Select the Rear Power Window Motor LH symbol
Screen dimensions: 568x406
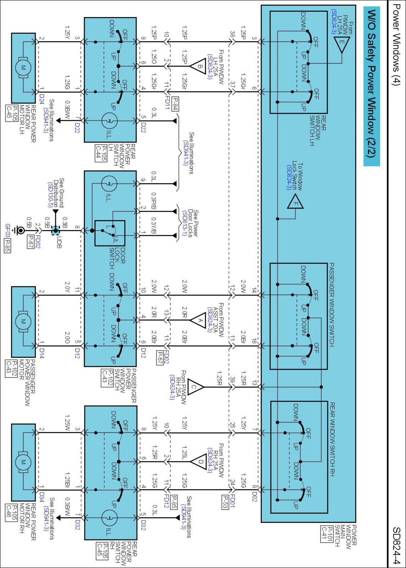(x=23, y=68)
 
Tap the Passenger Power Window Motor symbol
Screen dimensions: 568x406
(x=23, y=321)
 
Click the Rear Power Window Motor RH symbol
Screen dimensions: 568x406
(x=23, y=462)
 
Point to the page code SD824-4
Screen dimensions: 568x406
(x=396, y=545)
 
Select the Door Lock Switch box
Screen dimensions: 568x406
(x=110, y=233)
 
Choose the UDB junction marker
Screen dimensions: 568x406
(x=55, y=231)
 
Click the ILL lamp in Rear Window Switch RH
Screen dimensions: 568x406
(x=109, y=518)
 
